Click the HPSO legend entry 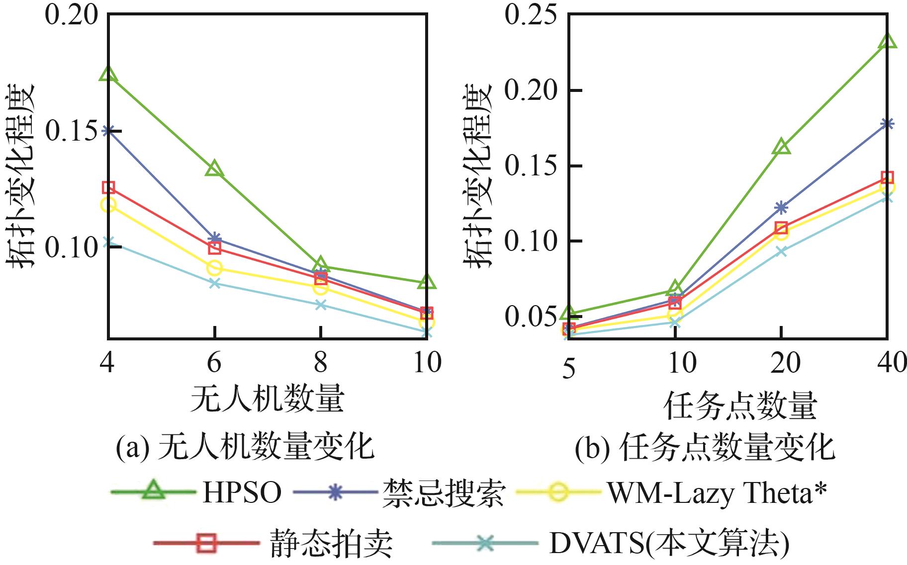(242, 493)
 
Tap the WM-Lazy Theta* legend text (717, 493)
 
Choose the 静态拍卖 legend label (331, 543)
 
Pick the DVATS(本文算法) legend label (669, 543)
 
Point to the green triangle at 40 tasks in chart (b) (888, 42)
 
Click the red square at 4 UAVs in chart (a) (108, 187)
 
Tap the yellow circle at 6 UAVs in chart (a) (214, 268)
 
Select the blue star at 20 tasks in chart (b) (781, 207)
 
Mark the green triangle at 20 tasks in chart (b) (781, 148)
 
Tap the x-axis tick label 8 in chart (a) (321, 362)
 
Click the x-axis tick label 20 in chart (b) (781, 363)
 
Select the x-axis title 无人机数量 (268, 399)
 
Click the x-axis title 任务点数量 (740, 405)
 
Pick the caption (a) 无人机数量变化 (245, 447)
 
